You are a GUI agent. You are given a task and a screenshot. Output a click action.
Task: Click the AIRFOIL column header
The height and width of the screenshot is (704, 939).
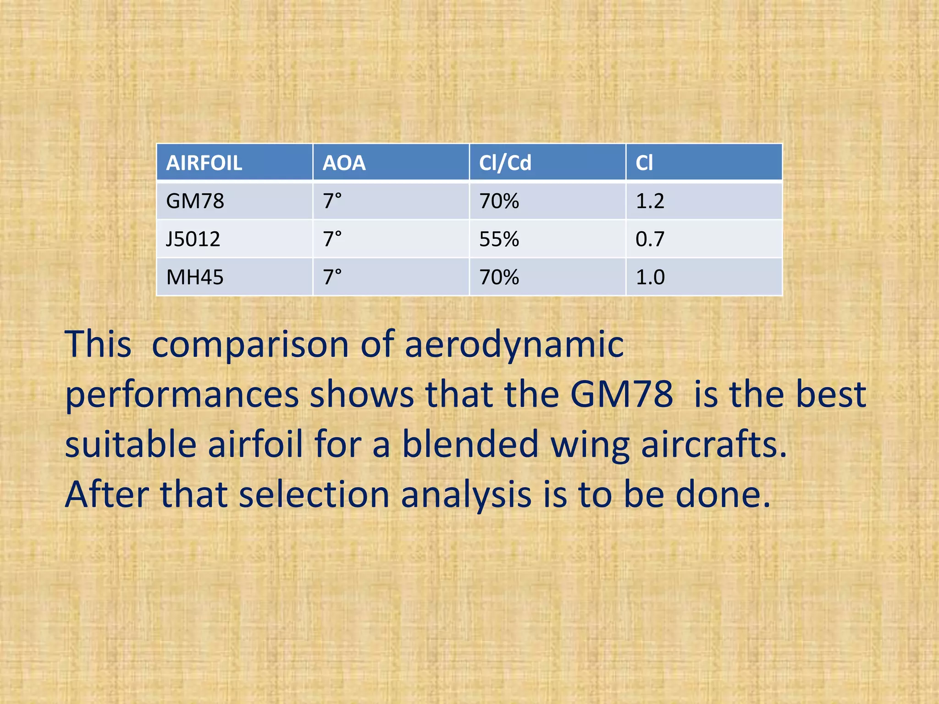[x=204, y=163]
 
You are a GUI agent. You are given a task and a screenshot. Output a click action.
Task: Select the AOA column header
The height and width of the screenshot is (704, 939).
[x=344, y=163]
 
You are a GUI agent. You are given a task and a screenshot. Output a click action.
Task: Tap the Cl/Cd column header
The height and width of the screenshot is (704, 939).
[x=505, y=163]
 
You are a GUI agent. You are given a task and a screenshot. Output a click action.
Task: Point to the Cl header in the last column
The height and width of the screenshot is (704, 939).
[x=644, y=163]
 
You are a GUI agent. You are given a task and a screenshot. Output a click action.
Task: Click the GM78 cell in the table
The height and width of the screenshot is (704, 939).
[x=195, y=201]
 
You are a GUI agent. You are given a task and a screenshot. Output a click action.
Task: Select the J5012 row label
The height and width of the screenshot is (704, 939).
[x=193, y=239]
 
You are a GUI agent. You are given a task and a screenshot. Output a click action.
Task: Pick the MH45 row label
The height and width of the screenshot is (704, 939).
[x=195, y=277]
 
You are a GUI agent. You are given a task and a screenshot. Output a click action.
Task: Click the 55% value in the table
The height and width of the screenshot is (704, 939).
[x=499, y=239]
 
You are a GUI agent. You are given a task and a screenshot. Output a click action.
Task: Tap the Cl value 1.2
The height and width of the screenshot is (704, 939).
[x=650, y=201]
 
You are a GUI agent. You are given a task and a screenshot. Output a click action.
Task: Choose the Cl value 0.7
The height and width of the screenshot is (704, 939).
[x=650, y=239]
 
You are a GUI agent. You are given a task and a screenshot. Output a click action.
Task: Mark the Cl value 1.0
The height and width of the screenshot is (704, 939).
[x=650, y=277]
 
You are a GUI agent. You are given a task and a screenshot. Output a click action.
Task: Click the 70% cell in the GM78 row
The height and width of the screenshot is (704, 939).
[x=499, y=201]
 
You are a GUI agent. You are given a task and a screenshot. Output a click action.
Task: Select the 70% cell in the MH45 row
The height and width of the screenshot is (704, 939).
[x=499, y=277]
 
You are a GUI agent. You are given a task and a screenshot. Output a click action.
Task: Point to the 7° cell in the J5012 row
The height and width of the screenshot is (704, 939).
[x=332, y=239]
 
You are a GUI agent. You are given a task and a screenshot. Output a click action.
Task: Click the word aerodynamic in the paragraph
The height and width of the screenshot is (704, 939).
[x=514, y=345]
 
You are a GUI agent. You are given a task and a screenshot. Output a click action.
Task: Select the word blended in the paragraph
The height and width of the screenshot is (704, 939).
[x=470, y=444]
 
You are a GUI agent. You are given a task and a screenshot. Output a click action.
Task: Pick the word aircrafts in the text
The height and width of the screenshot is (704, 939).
[x=713, y=444]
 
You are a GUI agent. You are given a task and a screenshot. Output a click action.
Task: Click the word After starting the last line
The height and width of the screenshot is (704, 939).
[x=107, y=495]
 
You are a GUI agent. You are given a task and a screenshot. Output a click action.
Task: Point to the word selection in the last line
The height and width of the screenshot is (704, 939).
[x=314, y=495]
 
